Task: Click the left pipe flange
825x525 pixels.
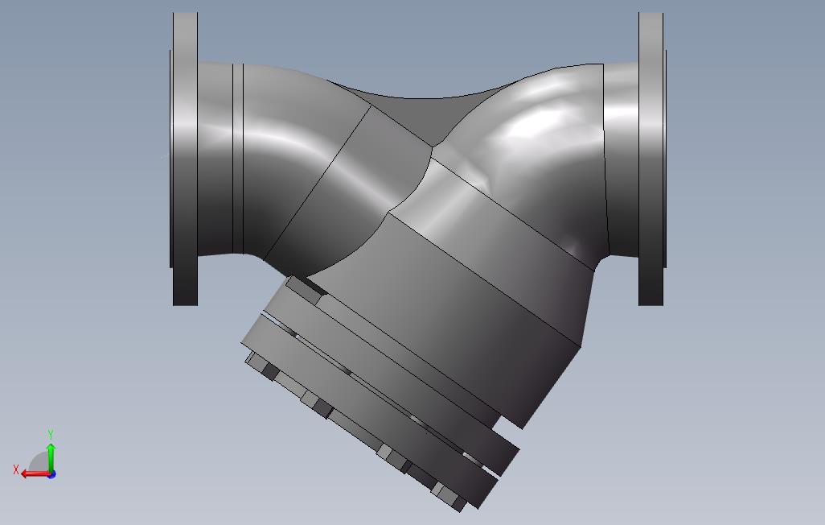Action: pyautogui.click(x=185, y=159)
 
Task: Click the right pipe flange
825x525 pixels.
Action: pyautogui.click(x=651, y=159)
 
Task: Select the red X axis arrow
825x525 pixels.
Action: pyautogui.click(x=34, y=473)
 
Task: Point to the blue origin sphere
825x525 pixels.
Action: pyautogui.click(x=51, y=474)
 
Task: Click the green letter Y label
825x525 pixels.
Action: pyautogui.click(x=51, y=435)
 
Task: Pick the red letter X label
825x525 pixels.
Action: pyautogui.click(x=16, y=469)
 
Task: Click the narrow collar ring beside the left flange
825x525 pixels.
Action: pyautogui.click(x=238, y=159)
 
